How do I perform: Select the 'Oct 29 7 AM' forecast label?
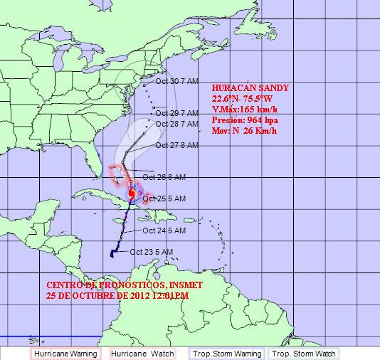coord(176,112)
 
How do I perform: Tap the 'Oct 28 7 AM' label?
coord(176,124)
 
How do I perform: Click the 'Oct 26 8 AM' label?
coord(164,176)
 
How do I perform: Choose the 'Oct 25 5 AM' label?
coord(164,198)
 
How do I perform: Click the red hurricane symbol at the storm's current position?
coord(132,194)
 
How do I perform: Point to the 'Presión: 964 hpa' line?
coord(246,121)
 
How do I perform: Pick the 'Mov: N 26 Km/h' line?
coord(246,132)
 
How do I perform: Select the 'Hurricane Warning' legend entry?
coord(66,353)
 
